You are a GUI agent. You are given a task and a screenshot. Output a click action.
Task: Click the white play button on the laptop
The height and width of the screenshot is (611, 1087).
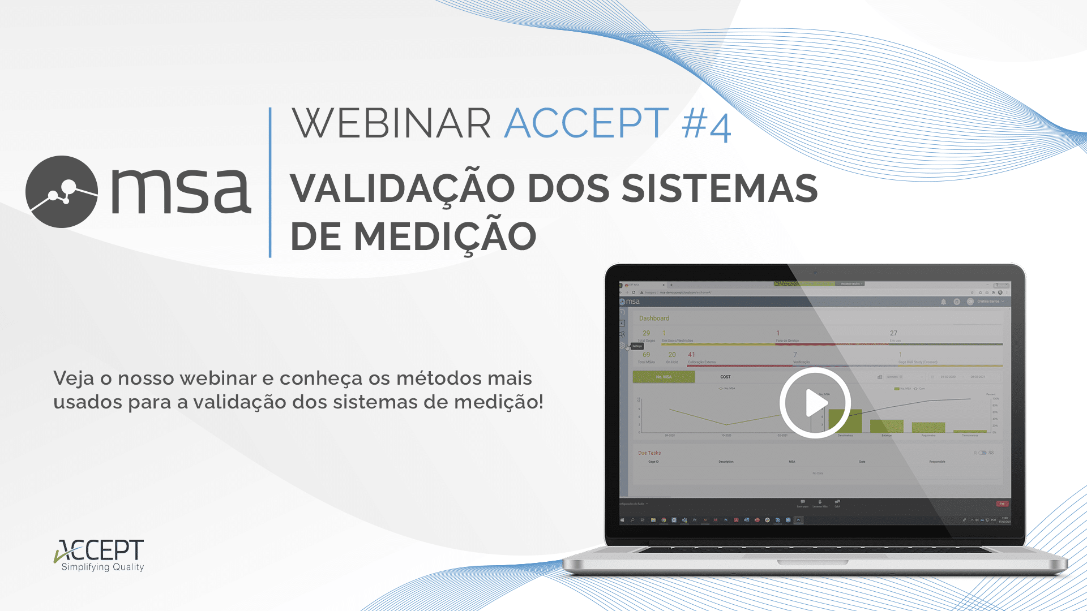coord(815,403)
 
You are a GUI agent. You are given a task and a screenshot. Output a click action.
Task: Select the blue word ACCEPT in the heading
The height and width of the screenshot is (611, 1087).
coord(587,123)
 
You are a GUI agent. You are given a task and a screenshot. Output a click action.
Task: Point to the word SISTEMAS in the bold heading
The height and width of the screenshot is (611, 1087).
coord(720,188)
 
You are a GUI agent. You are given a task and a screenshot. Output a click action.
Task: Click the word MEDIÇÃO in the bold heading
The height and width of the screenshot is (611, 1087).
coord(445,236)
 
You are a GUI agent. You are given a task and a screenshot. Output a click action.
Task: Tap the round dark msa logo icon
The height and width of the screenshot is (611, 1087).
coord(62,192)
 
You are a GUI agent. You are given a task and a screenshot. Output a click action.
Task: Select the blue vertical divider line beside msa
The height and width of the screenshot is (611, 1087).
coord(270,182)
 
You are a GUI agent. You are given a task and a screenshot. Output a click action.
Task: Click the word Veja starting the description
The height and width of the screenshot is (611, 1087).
coord(74,378)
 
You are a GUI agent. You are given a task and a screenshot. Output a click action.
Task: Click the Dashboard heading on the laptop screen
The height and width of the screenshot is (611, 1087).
coord(654,319)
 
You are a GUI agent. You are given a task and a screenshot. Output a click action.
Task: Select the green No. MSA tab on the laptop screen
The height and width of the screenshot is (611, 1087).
coord(664,377)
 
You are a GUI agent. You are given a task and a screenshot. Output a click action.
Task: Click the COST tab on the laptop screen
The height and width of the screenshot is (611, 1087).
coord(725,377)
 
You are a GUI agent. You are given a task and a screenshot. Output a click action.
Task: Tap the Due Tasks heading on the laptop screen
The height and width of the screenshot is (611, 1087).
coord(649,453)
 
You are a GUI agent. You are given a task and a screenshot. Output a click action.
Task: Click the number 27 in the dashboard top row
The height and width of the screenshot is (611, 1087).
coord(893,333)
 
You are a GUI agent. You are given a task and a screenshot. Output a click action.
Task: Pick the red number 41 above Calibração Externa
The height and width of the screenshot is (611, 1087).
coord(691,355)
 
